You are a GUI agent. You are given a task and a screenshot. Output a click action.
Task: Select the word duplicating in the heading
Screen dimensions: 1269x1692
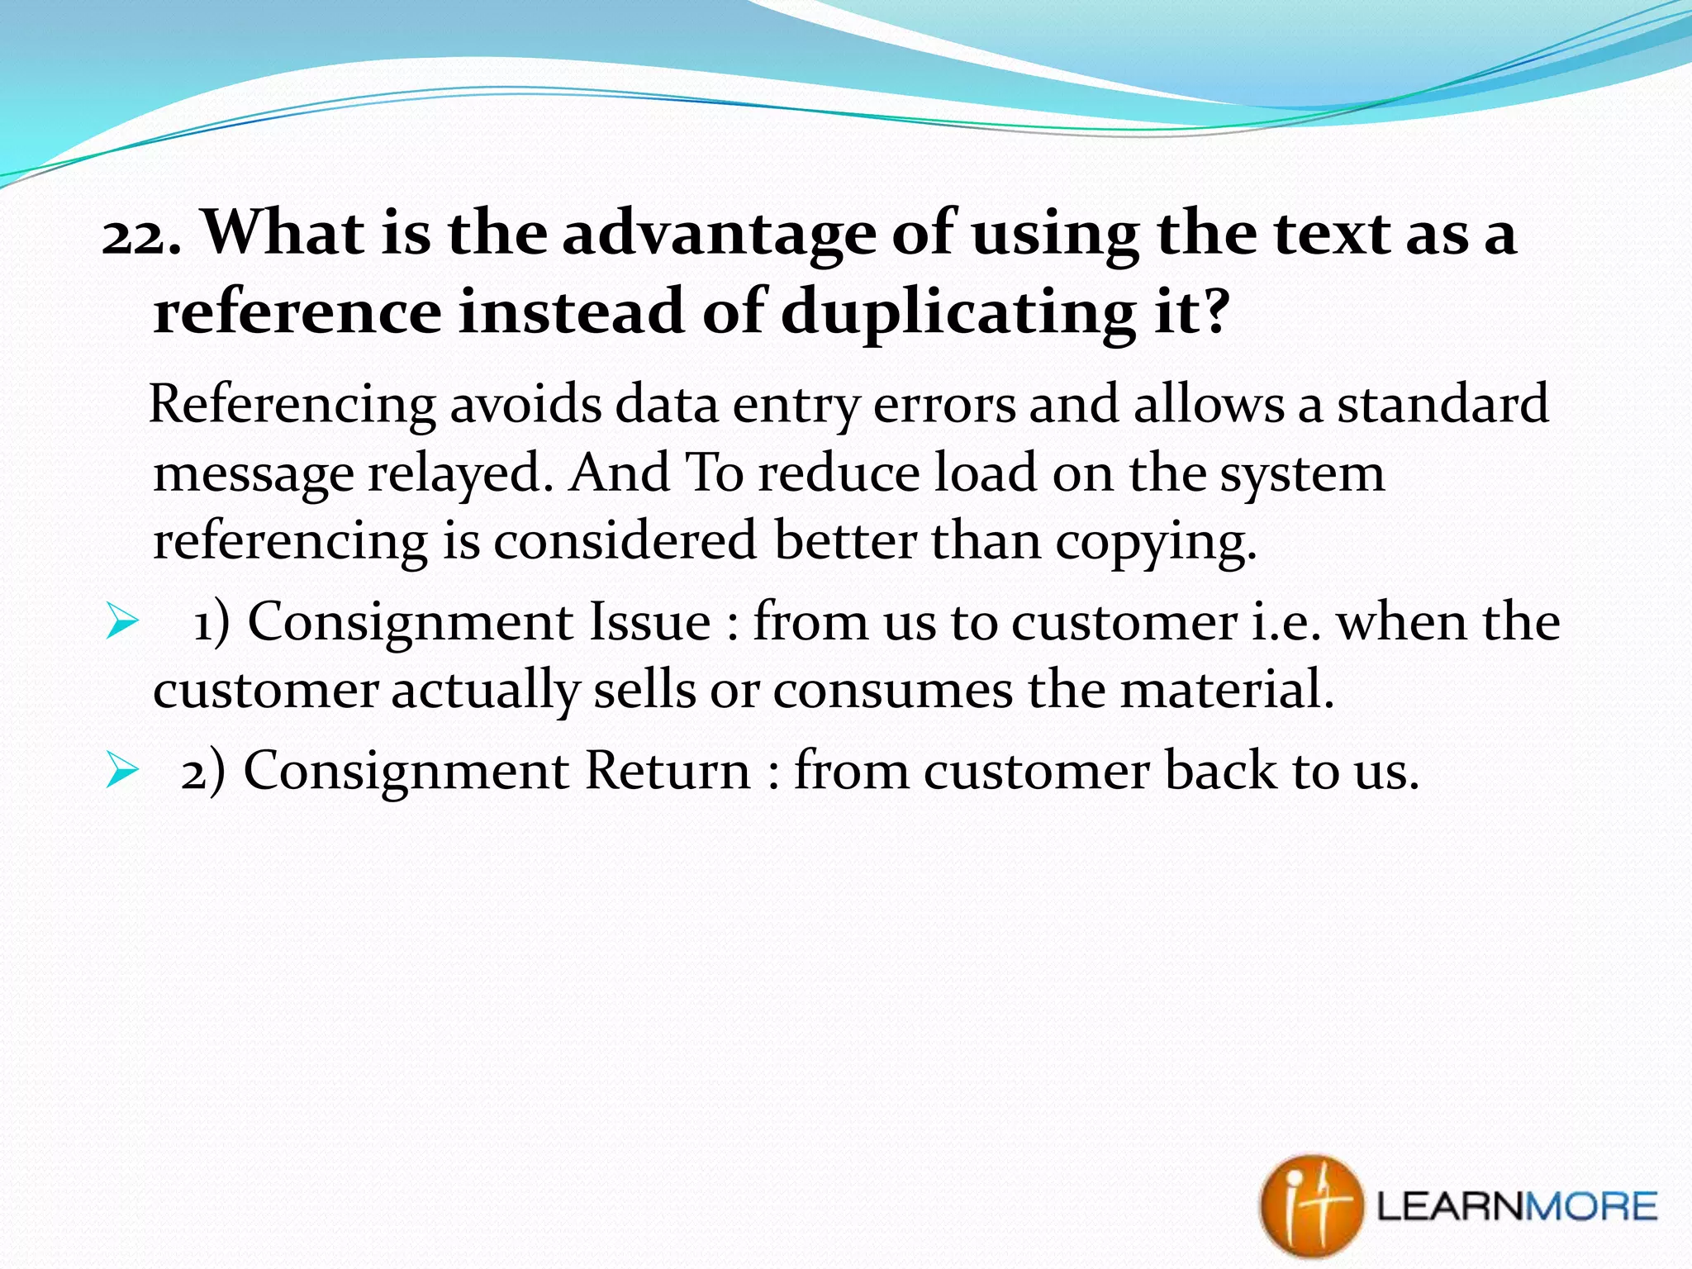coord(958,314)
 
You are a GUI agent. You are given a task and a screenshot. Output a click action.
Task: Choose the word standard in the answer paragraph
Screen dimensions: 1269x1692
coord(1442,405)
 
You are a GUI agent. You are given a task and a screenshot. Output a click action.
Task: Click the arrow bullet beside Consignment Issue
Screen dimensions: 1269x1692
coord(121,622)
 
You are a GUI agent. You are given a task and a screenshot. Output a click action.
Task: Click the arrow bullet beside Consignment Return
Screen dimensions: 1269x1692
coord(121,771)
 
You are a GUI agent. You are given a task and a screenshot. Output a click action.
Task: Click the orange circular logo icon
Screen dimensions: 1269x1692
coord(1309,1206)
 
